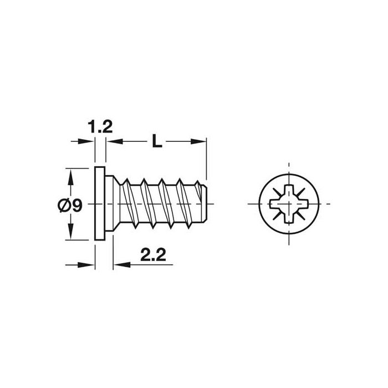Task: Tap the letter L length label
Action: [157, 142]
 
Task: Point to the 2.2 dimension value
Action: [154, 256]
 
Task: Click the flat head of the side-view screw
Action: [100, 203]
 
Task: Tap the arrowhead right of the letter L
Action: [201, 142]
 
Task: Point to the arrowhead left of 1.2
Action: [88, 142]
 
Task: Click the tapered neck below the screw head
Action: [113, 203]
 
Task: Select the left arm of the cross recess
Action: [275, 204]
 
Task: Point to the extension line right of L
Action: [206, 161]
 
